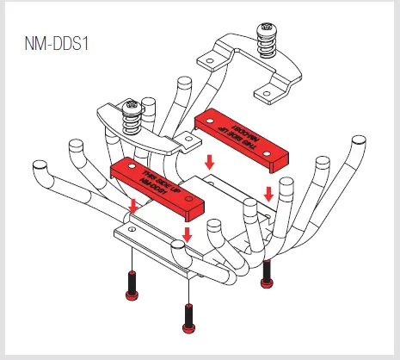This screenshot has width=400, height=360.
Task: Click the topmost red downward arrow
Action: pos(208,161)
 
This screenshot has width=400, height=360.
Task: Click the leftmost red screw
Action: pos(132,285)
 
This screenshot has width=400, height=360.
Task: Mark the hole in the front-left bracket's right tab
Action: pos(183,135)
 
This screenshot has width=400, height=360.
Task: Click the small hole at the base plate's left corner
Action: pos(131,231)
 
